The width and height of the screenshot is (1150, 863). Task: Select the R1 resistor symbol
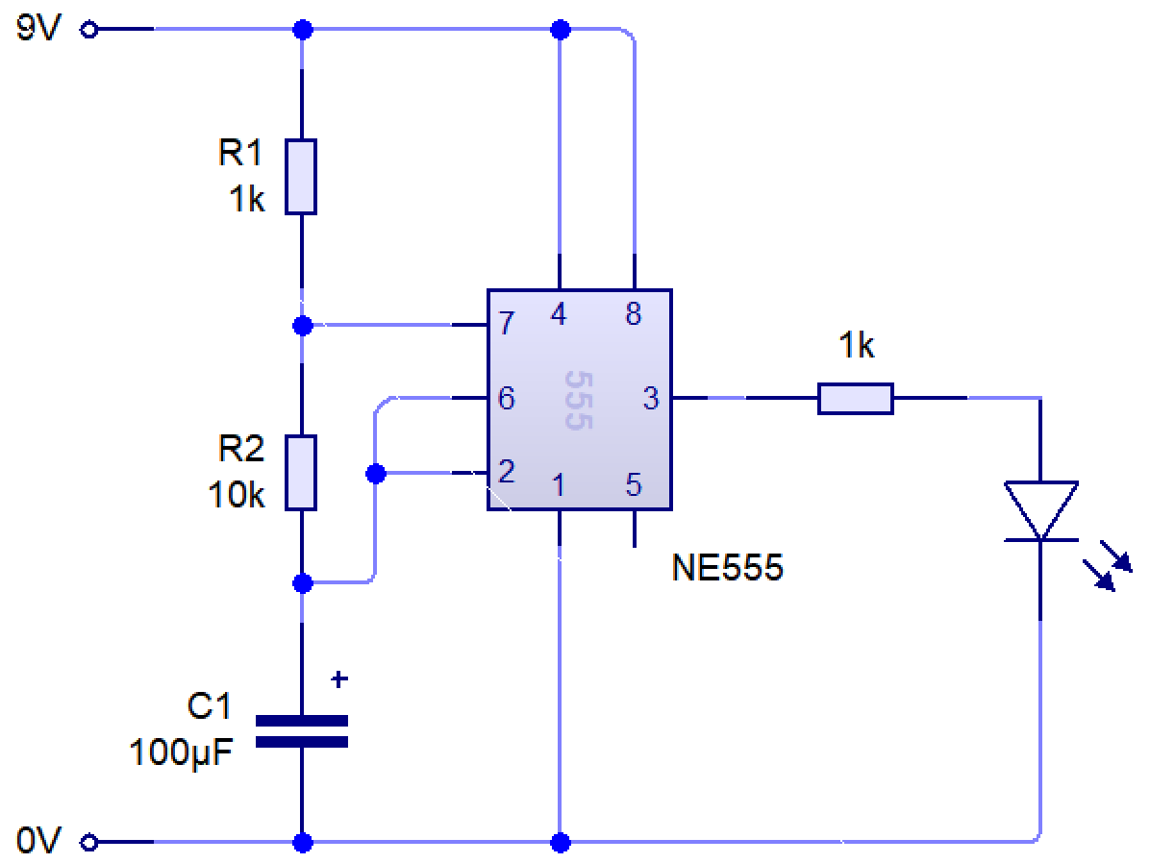[x=302, y=176]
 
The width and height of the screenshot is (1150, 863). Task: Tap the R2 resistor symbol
[x=302, y=472]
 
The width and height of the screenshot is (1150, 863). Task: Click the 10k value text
[x=236, y=494]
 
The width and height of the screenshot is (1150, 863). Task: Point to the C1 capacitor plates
[x=302, y=730]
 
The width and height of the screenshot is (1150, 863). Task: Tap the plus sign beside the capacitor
[x=338, y=679]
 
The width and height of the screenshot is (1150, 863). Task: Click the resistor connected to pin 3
[x=855, y=398]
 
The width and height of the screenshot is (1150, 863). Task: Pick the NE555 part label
[x=728, y=569]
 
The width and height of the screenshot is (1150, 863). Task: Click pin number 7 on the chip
[x=507, y=325]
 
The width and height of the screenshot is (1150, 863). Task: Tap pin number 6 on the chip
[x=507, y=398]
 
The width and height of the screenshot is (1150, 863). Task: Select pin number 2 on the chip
[x=507, y=471]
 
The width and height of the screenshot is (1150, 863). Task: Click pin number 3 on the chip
[x=651, y=398]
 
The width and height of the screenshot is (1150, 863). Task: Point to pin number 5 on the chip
[x=633, y=484]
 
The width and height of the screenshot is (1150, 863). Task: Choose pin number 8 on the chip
[x=633, y=313]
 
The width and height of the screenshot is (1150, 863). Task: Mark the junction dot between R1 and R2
[x=302, y=325]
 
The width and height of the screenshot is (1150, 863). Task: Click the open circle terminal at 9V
[x=89, y=31]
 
